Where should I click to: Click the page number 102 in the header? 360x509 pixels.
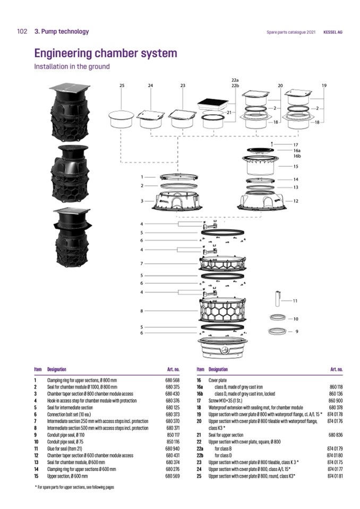[x=22, y=32]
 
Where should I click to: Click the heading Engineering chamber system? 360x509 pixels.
[x=105, y=54]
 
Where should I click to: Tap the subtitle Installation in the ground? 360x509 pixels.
[x=72, y=67]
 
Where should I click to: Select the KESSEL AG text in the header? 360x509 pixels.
[x=332, y=32]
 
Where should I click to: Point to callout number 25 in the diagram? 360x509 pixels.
[x=122, y=85]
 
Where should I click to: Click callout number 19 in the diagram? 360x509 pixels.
[x=324, y=85]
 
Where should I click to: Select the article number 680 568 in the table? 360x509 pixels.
[x=173, y=381]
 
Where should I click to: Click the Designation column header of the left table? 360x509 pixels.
[x=57, y=369]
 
